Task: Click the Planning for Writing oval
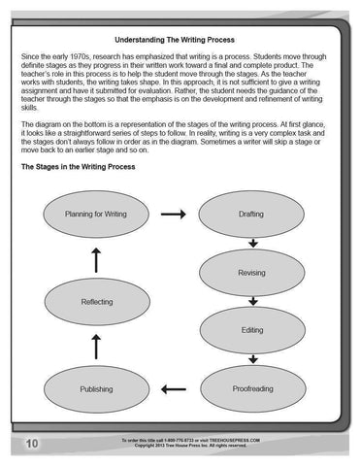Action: coord(95,214)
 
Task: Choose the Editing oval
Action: coord(251,330)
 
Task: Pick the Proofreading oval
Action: coord(251,389)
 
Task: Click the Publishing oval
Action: coord(95,389)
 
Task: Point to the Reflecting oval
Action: coord(95,302)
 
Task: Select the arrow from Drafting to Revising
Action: coord(252,243)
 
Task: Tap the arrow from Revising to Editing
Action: coord(252,301)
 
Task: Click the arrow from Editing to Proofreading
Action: coord(252,359)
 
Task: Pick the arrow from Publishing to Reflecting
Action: coord(95,346)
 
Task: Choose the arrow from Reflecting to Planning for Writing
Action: coord(95,258)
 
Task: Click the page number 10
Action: coord(32,444)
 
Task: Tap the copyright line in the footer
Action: coord(190,446)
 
